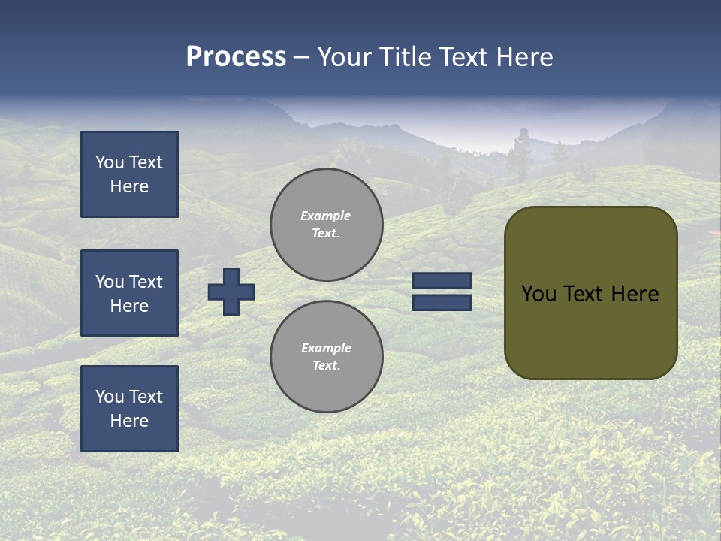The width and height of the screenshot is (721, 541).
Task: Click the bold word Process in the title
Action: point(236,57)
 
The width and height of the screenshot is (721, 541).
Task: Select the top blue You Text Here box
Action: point(129,174)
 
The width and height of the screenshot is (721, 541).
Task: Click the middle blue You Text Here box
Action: point(129,293)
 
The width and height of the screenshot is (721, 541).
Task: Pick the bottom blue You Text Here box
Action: point(129,408)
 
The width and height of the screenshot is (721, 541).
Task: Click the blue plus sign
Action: point(231,292)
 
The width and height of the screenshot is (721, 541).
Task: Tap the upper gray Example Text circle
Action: point(326,225)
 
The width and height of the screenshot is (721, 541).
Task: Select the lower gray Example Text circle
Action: point(326,357)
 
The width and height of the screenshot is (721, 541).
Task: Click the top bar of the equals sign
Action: point(442,281)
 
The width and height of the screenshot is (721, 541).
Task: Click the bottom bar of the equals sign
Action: point(442,302)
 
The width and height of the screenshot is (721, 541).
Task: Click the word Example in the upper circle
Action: point(325,216)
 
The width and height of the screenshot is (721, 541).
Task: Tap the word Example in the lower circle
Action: point(326,348)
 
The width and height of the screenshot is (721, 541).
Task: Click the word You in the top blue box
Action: point(109,162)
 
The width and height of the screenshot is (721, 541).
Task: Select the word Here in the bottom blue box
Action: point(129,421)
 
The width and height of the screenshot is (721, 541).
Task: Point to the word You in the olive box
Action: point(538,294)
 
